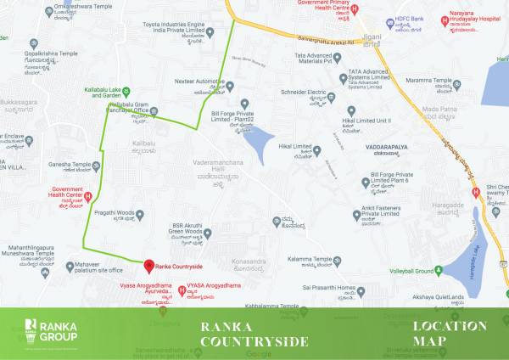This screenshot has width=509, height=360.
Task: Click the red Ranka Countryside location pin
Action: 148,266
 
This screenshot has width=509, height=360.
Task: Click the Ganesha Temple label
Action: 69,165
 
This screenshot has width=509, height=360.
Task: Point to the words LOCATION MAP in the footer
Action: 450,333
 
